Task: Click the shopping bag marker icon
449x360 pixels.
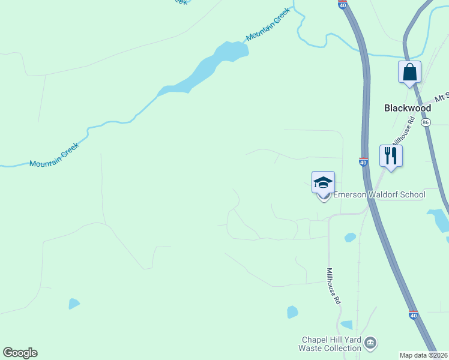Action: pyautogui.click(x=409, y=73)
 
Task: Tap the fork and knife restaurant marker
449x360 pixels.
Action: pyautogui.click(x=391, y=156)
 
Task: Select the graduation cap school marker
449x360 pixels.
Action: pyautogui.click(x=323, y=182)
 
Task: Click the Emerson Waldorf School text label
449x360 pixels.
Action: pyautogui.click(x=379, y=194)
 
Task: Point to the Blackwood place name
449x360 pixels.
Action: pyautogui.click(x=408, y=108)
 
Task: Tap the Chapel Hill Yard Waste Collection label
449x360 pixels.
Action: pyautogui.click(x=330, y=344)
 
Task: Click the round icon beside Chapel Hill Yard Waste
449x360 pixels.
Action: pyautogui.click(x=371, y=343)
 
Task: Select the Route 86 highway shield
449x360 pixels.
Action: pyautogui.click(x=426, y=122)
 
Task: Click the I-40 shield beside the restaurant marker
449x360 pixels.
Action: pyautogui.click(x=363, y=162)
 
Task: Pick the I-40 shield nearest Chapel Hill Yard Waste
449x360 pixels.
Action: pyautogui.click(x=413, y=314)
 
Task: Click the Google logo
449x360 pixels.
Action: pyautogui.click(x=20, y=353)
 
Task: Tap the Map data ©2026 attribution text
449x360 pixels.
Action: pyautogui.click(x=424, y=355)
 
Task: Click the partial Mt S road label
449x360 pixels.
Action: pyautogui.click(x=442, y=97)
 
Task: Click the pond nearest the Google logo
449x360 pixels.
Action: pyautogui.click(x=74, y=304)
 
